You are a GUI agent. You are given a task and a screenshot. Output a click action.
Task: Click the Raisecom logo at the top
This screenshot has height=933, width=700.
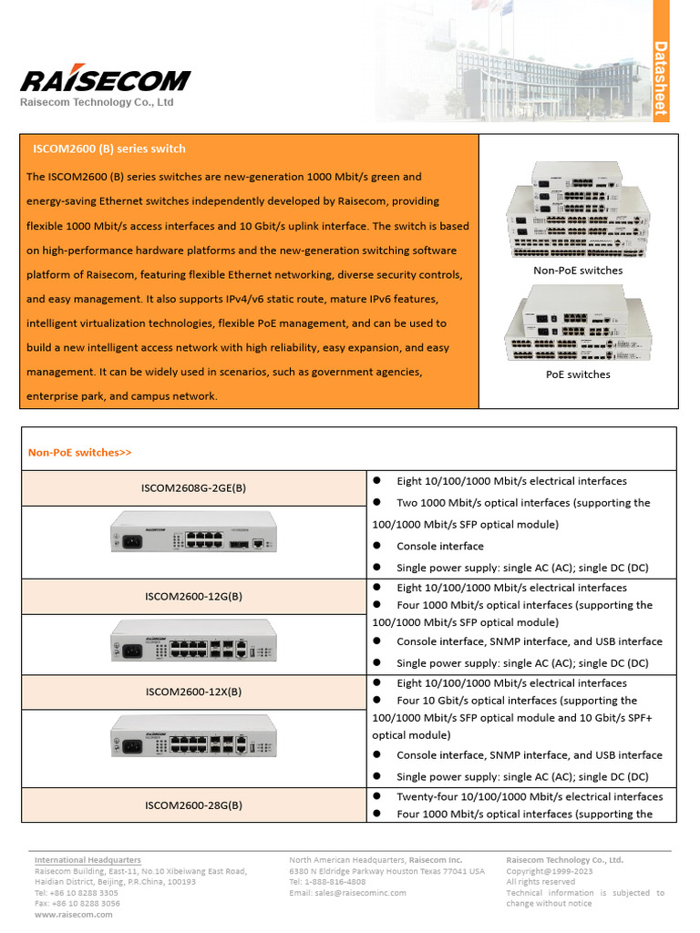pos(106,80)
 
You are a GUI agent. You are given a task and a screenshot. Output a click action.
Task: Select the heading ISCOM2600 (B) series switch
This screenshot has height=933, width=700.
pos(109,149)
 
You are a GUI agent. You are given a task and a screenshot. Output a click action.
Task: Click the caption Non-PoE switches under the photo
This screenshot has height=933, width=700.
pos(578,271)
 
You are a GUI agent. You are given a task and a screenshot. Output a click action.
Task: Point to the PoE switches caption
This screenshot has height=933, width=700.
pos(578,374)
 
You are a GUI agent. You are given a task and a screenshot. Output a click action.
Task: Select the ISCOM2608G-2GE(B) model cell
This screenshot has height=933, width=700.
pos(193,488)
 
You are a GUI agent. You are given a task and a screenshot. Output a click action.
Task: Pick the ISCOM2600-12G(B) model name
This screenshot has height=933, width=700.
pos(193,597)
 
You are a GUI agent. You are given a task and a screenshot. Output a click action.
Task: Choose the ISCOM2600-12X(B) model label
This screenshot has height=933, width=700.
pos(193,692)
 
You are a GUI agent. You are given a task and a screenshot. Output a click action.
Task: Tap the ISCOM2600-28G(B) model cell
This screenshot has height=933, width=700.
pos(193,805)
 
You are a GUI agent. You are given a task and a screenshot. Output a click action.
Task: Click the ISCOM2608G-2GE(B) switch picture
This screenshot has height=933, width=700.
pos(193,532)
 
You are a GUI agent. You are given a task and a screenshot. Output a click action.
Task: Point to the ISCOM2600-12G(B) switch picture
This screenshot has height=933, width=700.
pos(193,645)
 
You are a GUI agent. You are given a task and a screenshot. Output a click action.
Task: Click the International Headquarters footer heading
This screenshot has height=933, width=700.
pos(87,860)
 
